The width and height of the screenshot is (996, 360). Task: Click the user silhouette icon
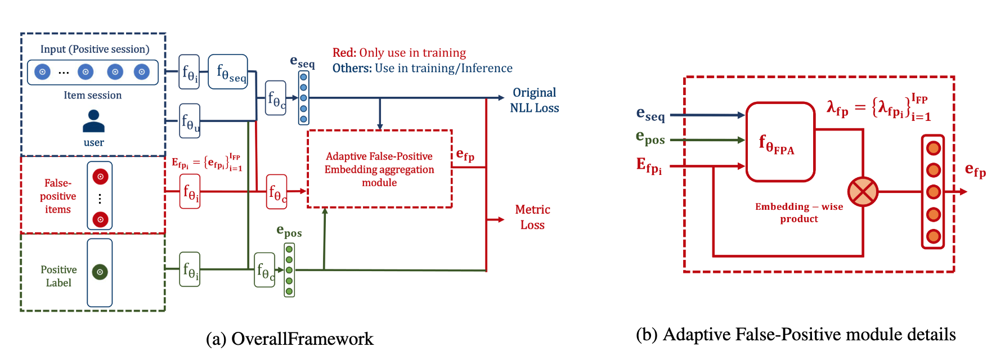tap(93, 120)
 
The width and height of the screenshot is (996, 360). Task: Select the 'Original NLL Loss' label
tap(535, 100)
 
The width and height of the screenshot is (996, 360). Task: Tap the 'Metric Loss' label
tap(532, 217)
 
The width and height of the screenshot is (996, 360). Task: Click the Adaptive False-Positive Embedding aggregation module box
tap(380, 169)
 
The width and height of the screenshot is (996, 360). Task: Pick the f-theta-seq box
tap(228, 71)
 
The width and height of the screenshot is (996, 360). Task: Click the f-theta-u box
tap(190, 121)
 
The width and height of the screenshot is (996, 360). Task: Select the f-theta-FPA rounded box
tap(780, 142)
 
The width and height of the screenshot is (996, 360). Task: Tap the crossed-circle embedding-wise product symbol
tap(863, 192)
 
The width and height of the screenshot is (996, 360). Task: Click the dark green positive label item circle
tap(100, 272)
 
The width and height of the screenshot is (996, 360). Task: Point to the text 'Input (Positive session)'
tap(95, 49)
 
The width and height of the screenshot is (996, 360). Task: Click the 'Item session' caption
tap(93, 95)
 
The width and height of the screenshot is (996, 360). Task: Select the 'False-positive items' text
tap(58, 196)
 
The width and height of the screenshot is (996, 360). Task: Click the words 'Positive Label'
tap(59, 276)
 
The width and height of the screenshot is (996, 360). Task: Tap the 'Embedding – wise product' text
tap(799, 213)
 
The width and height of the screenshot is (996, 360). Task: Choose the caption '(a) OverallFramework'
tap(290, 339)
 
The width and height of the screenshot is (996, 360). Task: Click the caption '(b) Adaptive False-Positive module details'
tap(796, 335)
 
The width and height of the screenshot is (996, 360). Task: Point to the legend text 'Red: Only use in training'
tap(399, 53)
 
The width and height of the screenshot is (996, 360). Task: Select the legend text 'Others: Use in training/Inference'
tap(422, 69)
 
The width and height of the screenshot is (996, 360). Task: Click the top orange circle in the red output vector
tap(934, 148)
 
